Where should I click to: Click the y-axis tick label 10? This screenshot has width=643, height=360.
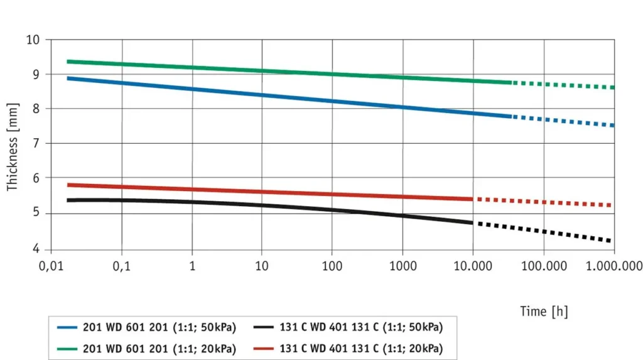pyautogui.click(x=33, y=40)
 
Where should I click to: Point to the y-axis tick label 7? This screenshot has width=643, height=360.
pyautogui.click(x=36, y=143)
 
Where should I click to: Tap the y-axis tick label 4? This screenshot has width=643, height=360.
pyautogui.click(x=36, y=249)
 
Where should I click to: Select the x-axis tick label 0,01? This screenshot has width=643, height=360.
pyautogui.click(x=51, y=266)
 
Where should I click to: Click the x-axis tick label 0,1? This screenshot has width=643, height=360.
pyautogui.click(x=121, y=266)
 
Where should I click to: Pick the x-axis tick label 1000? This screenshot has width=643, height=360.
pyautogui.click(x=403, y=266)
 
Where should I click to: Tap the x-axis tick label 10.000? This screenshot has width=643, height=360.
pyautogui.click(x=473, y=266)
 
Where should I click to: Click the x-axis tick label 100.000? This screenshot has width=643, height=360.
pyautogui.click(x=544, y=266)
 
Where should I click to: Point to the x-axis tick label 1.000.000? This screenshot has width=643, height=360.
pyautogui.click(x=614, y=266)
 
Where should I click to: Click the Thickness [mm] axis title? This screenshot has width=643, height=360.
pyautogui.click(x=13, y=146)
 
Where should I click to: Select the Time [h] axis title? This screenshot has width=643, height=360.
pyautogui.click(x=544, y=312)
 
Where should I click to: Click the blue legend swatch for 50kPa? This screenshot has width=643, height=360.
pyautogui.click(x=67, y=327)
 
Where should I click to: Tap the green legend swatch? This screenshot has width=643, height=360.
pyautogui.click(x=67, y=349)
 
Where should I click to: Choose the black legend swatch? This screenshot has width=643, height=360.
pyautogui.click(x=263, y=327)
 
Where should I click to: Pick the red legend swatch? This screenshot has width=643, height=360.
pyautogui.click(x=263, y=349)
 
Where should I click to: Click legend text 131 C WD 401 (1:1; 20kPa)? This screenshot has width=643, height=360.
pyautogui.click(x=361, y=349)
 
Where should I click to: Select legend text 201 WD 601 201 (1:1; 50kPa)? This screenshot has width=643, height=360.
pyautogui.click(x=159, y=327)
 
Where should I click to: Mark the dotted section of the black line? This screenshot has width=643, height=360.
pyautogui.click(x=544, y=232)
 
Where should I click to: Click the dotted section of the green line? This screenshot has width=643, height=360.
pyautogui.click(x=563, y=85)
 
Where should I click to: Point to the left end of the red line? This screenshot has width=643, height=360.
pyautogui.click(x=68, y=185)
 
